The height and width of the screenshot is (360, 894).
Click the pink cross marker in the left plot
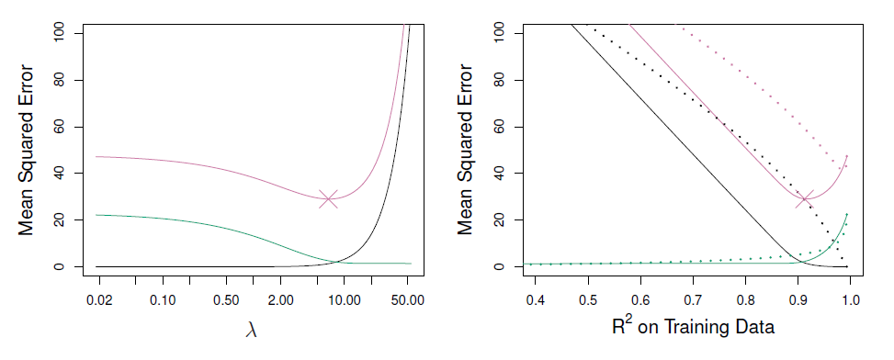[328, 199]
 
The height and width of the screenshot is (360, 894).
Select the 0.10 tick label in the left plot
[163, 299]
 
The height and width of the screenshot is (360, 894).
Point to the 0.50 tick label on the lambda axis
[225, 299]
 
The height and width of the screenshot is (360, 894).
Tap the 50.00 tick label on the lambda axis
[408, 299]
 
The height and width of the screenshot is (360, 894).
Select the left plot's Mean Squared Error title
[27, 150]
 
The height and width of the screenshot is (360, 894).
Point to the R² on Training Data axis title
[693, 326]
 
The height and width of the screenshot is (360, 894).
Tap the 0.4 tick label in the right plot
[535, 299]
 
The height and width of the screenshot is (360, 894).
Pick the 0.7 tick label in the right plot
[692, 299]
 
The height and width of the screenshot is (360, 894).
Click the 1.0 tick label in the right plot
[850, 299]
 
